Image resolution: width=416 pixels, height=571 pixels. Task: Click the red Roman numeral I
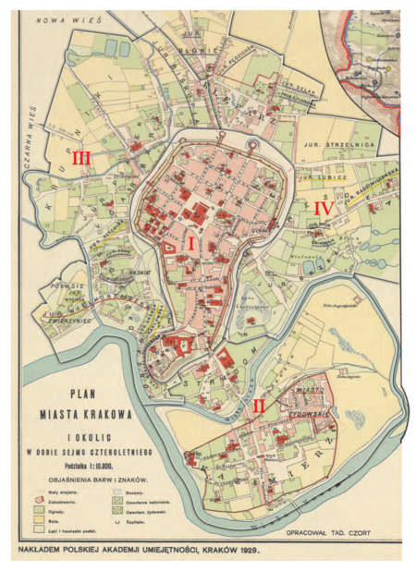(x=191, y=243)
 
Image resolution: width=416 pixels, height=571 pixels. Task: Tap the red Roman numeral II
(x=260, y=404)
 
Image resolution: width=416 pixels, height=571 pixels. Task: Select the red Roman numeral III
(x=82, y=158)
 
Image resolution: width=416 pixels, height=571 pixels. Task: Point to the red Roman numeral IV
(x=323, y=208)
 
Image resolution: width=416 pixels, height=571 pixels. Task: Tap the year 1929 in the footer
(x=246, y=552)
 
